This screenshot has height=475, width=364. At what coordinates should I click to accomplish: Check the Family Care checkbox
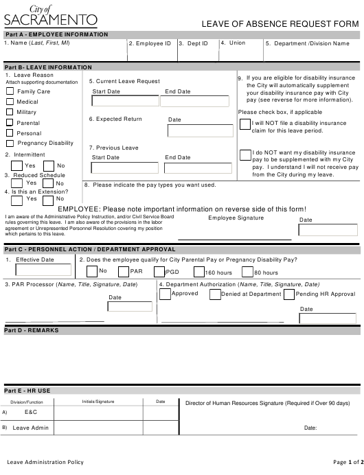point(10,91)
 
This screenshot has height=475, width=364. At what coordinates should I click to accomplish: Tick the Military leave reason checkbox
point(10,112)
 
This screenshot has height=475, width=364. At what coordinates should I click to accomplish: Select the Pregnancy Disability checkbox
point(10,143)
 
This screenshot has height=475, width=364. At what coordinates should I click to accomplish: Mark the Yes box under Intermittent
point(16,165)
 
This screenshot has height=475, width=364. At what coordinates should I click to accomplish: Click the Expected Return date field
point(191,130)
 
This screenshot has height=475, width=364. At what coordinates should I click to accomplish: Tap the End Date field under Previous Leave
point(191,167)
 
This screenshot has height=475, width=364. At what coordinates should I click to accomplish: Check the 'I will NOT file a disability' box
point(245,124)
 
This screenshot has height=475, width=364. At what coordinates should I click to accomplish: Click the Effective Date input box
point(47,270)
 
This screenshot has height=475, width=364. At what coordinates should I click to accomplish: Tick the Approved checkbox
point(165,294)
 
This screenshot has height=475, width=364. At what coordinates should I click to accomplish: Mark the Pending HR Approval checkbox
point(288,294)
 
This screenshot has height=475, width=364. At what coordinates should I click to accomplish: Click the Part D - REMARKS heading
point(32,330)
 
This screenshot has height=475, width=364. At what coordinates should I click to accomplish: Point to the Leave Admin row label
point(31,428)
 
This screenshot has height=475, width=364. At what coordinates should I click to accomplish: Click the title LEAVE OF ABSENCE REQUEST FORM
point(280,24)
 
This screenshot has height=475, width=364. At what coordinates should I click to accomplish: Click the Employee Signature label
point(236,218)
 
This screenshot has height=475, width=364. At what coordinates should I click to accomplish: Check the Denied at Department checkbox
point(214,294)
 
